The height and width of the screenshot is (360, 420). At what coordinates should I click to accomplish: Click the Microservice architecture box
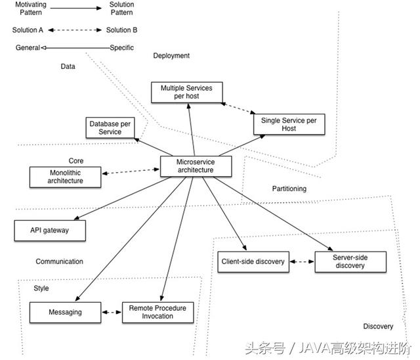(x=196, y=166)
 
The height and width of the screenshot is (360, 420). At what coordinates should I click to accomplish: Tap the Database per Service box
(x=110, y=127)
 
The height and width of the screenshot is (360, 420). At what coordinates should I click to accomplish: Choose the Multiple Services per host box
(x=187, y=91)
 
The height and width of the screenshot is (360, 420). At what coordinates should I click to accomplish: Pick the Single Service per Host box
(x=289, y=124)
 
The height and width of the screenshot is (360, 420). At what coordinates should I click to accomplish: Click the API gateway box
(x=50, y=231)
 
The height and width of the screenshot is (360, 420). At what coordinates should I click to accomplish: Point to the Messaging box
(x=66, y=312)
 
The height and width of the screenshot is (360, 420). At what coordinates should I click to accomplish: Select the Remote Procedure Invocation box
(x=157, y=312)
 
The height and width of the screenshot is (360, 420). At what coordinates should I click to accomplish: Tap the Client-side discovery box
(x=252, y=261)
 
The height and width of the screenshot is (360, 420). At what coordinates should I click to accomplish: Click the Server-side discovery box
(x=350, y=261)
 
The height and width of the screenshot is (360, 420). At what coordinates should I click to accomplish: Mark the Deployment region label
(x=171, y=56)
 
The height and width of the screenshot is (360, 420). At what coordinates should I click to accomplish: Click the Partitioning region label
(x=289, y=189)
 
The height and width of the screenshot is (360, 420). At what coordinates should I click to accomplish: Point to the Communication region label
(x=60, y=261)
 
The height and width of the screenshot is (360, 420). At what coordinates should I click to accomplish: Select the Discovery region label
(x=378, y=326)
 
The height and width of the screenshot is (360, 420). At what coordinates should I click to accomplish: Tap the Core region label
(x=76, y=160)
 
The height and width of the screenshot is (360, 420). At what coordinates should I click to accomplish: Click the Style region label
(x=41, y=288)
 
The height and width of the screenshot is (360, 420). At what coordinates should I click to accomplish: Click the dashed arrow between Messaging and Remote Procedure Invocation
(x=112, y=313)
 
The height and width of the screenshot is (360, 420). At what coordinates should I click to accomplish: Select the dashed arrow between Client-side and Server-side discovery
(x=301, y=261)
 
